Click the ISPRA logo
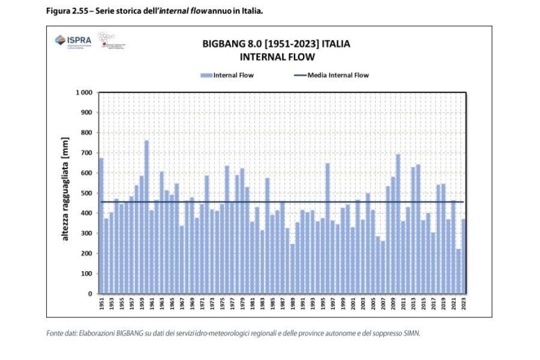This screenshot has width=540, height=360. pos(73,41)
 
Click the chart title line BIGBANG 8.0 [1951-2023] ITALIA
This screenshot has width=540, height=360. pos(277,44)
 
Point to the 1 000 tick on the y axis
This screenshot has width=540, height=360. pos(83,93)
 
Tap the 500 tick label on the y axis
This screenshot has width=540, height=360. pos(86,193)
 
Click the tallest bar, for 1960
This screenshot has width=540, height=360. pos(146,216)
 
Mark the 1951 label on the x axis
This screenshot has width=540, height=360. pos(101,305)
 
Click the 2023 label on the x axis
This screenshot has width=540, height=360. pos(463,305)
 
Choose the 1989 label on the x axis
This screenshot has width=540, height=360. pos(292,305)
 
